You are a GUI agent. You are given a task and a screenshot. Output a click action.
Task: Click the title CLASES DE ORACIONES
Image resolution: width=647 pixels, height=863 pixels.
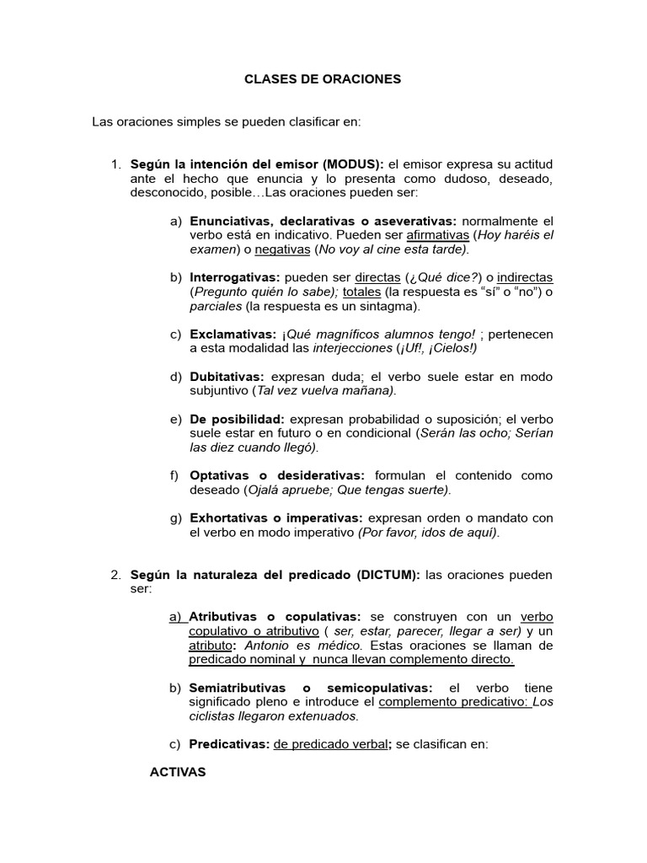323,79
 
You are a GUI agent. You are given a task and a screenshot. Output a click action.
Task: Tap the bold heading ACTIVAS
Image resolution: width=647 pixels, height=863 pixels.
178,771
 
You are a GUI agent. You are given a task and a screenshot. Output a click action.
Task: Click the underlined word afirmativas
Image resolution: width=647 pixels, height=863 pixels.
437,234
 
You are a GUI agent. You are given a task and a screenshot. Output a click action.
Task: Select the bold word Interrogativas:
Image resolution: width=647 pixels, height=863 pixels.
235,277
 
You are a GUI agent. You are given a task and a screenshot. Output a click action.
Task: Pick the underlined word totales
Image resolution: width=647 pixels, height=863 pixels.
361,292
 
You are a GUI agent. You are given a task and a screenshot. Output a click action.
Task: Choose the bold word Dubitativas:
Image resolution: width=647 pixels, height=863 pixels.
227,377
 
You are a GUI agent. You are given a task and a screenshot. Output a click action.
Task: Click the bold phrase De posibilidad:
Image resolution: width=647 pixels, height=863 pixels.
238,419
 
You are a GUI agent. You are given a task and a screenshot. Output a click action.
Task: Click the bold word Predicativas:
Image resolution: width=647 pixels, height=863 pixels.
229,744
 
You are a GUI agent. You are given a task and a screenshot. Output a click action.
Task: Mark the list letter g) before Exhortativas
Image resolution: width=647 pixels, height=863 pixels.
175,517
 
